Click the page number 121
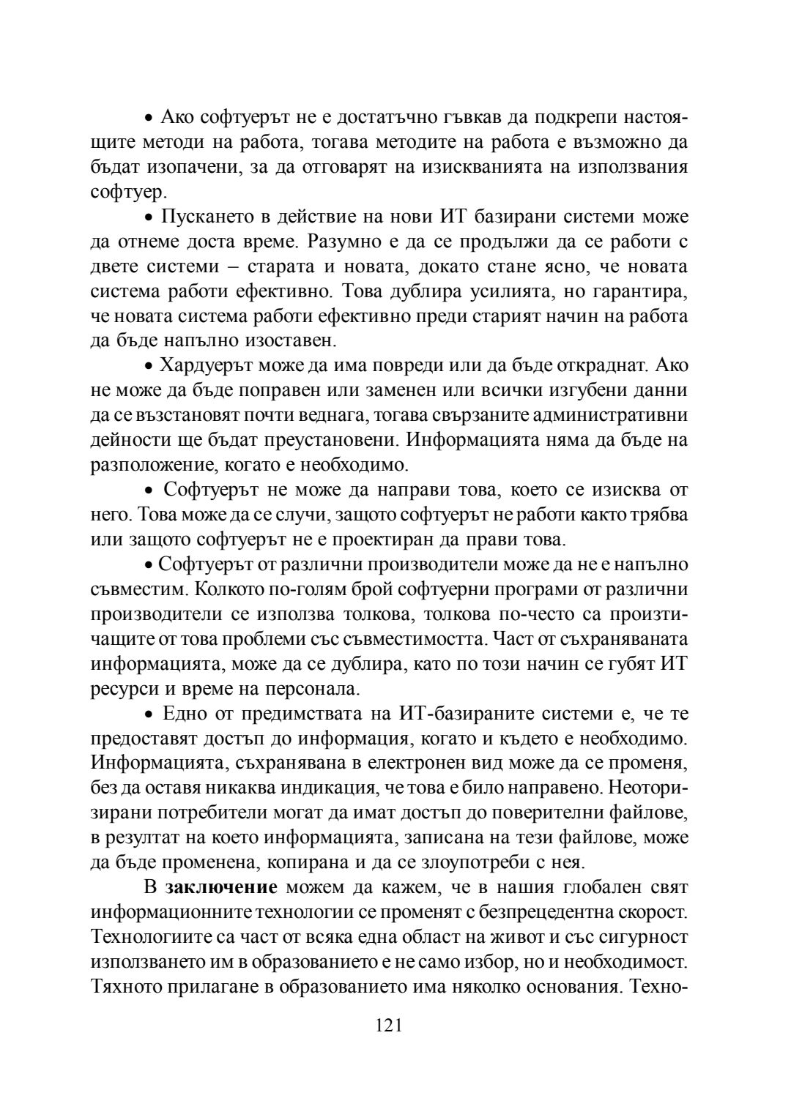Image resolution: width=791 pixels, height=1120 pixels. point(389,1025)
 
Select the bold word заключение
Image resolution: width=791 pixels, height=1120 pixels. point(221,888)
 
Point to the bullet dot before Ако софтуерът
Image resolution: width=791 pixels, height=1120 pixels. point(148,118)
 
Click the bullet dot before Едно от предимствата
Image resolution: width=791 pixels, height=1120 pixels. point(148,715)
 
